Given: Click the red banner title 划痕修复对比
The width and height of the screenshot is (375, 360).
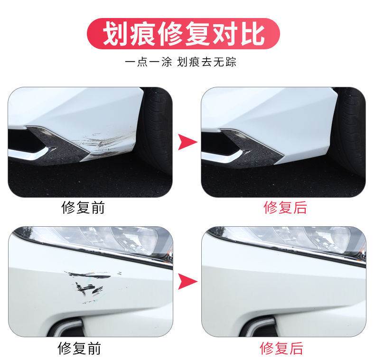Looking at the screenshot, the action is click(184, 34).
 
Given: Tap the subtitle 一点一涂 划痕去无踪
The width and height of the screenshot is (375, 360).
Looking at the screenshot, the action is click(181, 62).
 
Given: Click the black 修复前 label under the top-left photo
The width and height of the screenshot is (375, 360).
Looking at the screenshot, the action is click(83, 207).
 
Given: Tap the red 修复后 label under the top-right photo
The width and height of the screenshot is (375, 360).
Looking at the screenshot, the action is click(285, 207).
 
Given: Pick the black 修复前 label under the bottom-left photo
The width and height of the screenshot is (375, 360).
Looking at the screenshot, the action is click(79, 348).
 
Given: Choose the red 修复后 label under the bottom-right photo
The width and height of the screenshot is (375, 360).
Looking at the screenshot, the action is click(281, 348).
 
